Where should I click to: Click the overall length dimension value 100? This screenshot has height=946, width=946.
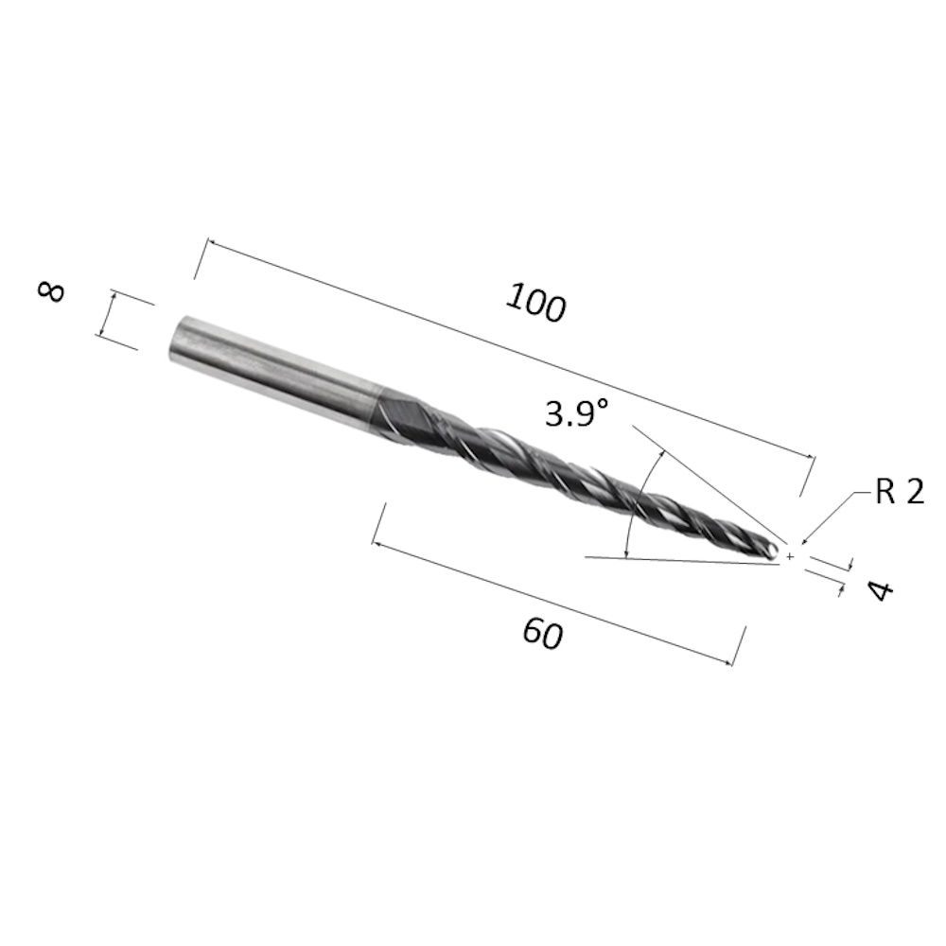tap(535, 303)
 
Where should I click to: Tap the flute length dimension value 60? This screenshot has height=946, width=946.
tap(543, 633)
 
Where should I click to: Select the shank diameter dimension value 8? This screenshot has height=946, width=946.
tap(51, 291)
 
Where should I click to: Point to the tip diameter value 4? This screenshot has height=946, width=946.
tap(880, 590)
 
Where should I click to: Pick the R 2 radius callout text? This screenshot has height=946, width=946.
tap(899, 491)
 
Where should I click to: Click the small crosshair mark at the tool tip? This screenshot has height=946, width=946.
tap(789, 556)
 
